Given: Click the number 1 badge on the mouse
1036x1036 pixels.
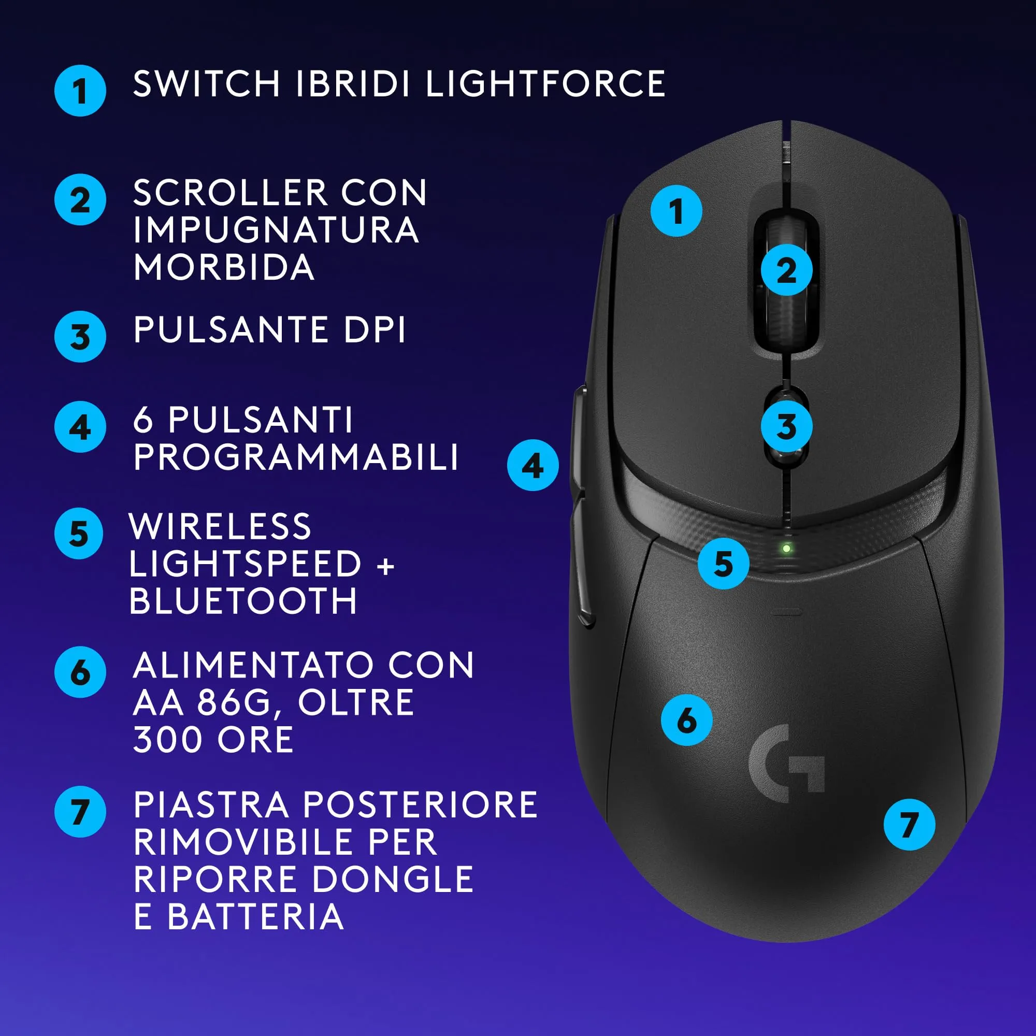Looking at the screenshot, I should (x=675, y=211).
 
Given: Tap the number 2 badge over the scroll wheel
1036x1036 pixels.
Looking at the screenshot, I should (x=786, y=270).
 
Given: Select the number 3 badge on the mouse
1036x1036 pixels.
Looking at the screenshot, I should (x=786, y=426).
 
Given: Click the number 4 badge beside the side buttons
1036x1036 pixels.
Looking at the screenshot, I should (x=533, y=465).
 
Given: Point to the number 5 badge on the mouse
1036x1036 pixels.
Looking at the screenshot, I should (x=723, y=564).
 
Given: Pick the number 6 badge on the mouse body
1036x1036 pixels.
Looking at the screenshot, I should (x=686, y=720).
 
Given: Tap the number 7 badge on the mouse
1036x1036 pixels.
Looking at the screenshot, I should (x=909, y=824).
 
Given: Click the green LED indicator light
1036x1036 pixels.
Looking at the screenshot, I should (x=786, y=549).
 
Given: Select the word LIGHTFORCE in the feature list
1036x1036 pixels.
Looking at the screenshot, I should (x=545, y=84).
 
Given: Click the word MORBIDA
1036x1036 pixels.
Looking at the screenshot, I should (x=224, y=267).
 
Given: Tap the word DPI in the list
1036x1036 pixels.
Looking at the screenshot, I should (x=375, y=329).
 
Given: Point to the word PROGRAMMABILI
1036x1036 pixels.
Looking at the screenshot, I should (x=296, y=457).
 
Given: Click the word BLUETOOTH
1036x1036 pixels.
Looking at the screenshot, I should (x=243, y=600).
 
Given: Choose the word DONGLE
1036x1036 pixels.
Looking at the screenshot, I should (x=393, y=880).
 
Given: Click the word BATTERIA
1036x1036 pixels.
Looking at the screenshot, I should (x=255, y=917).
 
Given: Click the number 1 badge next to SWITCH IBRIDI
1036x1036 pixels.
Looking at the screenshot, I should (x=80, y=91).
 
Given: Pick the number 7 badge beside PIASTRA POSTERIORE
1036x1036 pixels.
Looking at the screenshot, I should (x=80, y=811).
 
